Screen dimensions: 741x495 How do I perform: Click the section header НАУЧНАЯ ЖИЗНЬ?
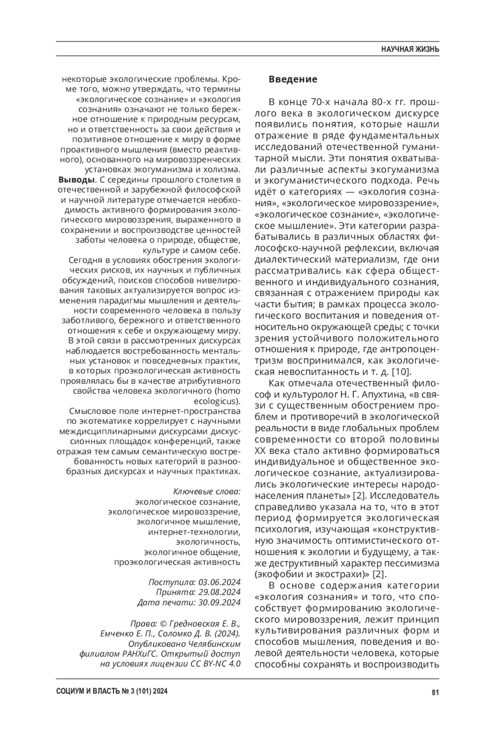(x=410, y=49)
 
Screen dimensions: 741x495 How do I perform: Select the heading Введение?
(x=293, y=79)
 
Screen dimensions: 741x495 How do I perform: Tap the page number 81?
(x=435, y=692)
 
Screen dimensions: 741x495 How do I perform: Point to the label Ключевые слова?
(x=206, y=492)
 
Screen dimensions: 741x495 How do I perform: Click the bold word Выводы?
(x=77, y=180)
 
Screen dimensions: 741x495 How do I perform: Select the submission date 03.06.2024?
(x=219, y=582)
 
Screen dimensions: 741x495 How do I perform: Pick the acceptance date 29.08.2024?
(x=219, y=592)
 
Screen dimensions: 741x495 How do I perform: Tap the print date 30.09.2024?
(x=219, y=602)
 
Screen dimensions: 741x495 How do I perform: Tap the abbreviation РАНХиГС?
(x=141, y=654)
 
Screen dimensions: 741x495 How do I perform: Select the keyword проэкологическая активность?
(x=177, y=562)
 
